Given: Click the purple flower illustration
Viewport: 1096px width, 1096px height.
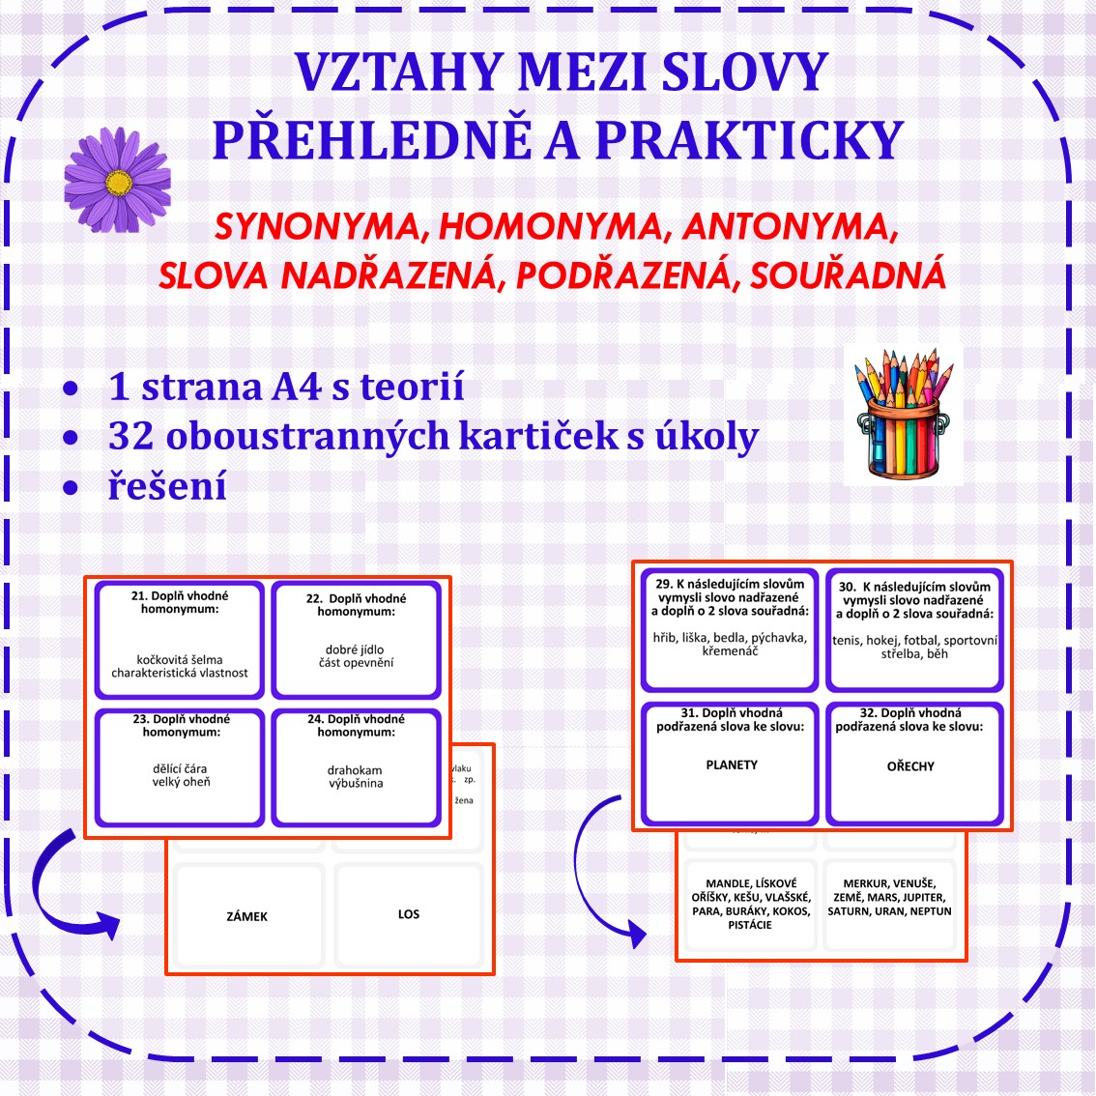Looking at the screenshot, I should [117, 180].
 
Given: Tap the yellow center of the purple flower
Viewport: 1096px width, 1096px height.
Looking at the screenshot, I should [118, 181].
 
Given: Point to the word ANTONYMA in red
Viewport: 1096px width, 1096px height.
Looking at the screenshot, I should [790, 227].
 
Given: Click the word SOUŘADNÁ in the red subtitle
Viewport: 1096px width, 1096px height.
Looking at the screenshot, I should [847, 276].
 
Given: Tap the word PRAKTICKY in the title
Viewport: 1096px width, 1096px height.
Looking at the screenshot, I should [749, 140].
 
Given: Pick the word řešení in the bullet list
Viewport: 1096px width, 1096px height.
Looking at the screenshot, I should [167, 485].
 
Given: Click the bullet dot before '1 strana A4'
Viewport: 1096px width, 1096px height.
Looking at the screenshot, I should [71, 389].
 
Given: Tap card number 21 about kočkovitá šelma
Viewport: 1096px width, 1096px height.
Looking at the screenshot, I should [180, 639].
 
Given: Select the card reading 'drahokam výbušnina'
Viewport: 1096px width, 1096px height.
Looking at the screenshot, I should [356, 768].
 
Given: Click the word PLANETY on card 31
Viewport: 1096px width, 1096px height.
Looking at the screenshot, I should [732, 764].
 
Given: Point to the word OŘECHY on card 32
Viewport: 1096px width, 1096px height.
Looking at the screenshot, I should [910, 766].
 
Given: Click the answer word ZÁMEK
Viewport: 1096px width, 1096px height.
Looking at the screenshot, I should [247, 916].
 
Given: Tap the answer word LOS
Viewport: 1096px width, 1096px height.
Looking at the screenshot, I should [409, 914].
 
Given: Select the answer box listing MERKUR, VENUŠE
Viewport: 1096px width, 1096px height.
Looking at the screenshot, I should [889, 899].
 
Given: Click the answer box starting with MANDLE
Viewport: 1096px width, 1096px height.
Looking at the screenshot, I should [750, 904].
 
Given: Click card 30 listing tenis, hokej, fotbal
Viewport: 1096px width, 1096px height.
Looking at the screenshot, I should [914, 629].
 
